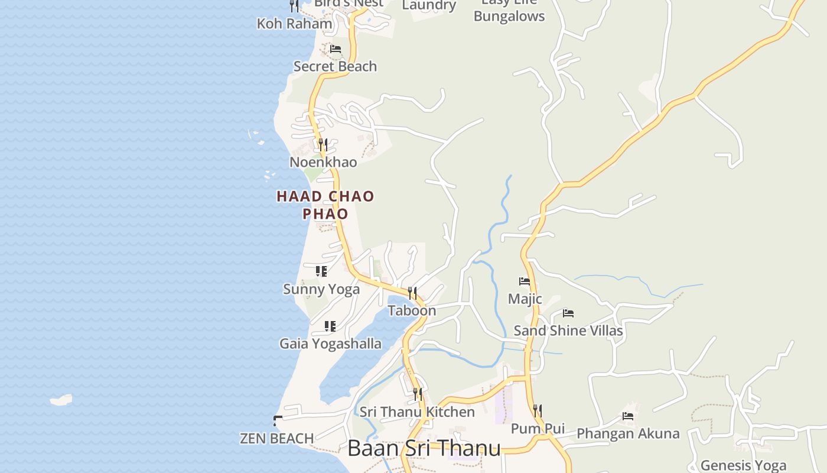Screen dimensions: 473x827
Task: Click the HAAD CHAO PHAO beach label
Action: [x=325, y=205]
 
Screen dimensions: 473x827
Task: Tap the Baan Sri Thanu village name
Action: [x=424, y=448]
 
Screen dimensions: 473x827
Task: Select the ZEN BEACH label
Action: [x=276, y=439]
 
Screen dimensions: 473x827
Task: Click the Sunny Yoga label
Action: [x=321, y=289]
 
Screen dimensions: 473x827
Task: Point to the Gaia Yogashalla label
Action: [x=330, y=344]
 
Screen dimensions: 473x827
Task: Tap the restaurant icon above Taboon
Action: [x=412, y=293]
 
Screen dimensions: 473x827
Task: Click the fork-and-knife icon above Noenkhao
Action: [x=323, y=144]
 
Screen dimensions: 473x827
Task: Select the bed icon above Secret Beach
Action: [x=336, y=49]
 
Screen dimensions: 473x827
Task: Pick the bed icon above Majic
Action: [x=525, y=281]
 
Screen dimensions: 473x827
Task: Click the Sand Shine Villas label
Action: [x=568, y=331]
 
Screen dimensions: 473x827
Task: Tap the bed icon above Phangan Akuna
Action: [x=628, y=416]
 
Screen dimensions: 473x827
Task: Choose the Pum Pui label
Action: [x=538, y=429]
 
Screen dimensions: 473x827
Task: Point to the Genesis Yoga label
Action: [x=743, y=465]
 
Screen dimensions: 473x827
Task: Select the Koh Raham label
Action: [x=294, y=24]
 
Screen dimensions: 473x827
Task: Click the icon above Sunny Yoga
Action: [x=321, y=271]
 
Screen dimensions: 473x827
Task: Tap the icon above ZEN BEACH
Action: [x=278, y=421]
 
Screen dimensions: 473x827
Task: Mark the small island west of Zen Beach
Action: [x=61, y=400]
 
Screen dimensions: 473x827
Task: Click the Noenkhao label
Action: [x=323, y=162]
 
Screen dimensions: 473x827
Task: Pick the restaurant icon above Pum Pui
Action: [x=537, y=410]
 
